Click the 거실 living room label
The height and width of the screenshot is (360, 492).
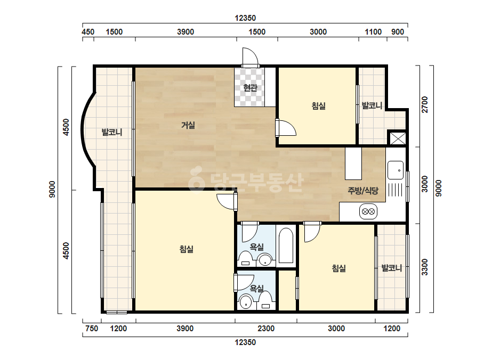tap(188, 125)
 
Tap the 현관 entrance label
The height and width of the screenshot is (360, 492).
tap(251, 87)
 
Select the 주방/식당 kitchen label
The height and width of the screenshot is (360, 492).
tap(363, 190)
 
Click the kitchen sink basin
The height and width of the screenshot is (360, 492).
tap(396, 170)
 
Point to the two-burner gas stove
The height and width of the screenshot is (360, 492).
tap(368, 211)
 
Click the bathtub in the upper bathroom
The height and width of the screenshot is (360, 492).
tap(286, 246)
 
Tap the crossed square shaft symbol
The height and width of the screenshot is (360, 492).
tap(398, 138)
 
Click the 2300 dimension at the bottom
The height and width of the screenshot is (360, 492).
tap(266, 329)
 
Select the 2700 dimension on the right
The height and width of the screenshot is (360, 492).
tap(424, 104)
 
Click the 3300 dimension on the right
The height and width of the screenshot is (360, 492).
tap(424, 267)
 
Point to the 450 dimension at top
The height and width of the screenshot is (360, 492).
tap(88, 31)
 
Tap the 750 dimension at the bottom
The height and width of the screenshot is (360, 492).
tap(92, 329)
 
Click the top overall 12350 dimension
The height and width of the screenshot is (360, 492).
tap(245, 18)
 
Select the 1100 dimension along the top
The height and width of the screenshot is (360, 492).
tap(373, 31)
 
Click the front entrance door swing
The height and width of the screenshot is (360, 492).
tap(250, 57)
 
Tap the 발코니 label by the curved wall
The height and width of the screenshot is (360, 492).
tap(112, 132)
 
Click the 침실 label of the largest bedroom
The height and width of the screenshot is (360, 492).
tap(187, 249)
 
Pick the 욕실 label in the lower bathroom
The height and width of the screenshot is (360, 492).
tap(257, 288)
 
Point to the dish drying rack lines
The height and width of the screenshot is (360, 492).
tap(396, 190)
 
